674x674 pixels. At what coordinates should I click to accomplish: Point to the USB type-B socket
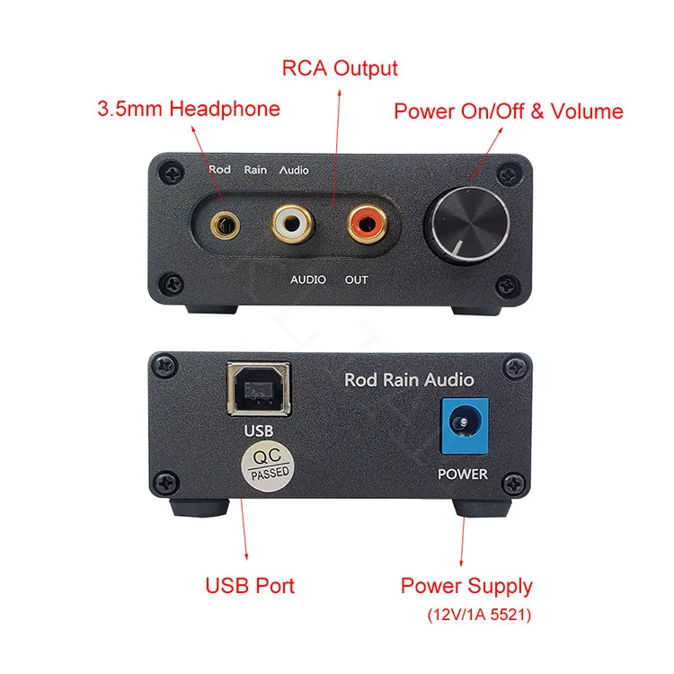click(x=258, y=388)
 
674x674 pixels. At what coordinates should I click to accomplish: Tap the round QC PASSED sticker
click(x=263, y=466)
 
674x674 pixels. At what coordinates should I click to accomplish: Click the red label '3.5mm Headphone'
click(x=189, y=110)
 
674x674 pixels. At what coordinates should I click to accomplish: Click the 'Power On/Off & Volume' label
click(x=509, y=111)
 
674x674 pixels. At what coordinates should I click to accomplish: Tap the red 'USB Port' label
click(x=250, y=587)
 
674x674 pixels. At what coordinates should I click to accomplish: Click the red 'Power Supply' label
click(x=466, y=587)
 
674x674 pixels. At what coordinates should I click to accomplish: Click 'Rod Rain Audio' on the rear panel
click(x=409, y=380)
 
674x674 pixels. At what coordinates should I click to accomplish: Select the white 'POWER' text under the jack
click(x=462, y=474)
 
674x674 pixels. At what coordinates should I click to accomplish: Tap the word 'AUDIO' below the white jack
click(x=308, y=279)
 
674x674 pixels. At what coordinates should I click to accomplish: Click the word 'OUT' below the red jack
click(x=357, y=279)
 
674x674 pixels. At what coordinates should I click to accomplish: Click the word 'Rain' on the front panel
click(x=255, y=170)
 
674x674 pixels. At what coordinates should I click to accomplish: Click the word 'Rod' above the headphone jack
click(x=219, y=170)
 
